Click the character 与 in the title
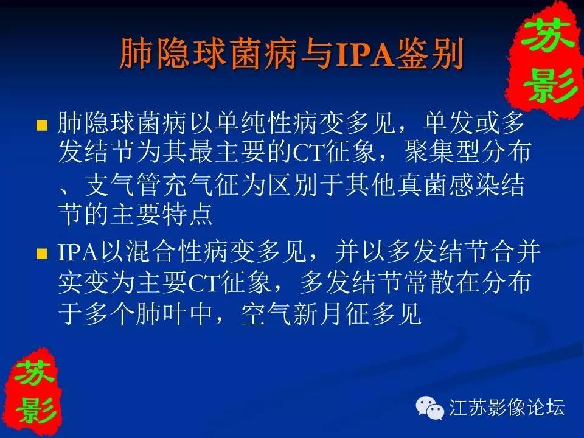tap(317, 55)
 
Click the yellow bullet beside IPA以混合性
tap(42, 254)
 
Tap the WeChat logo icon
tap(430, 408)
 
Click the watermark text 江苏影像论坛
tap(507, 407)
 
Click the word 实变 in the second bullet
tap(84, 283)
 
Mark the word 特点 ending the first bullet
tap(187, 215)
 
